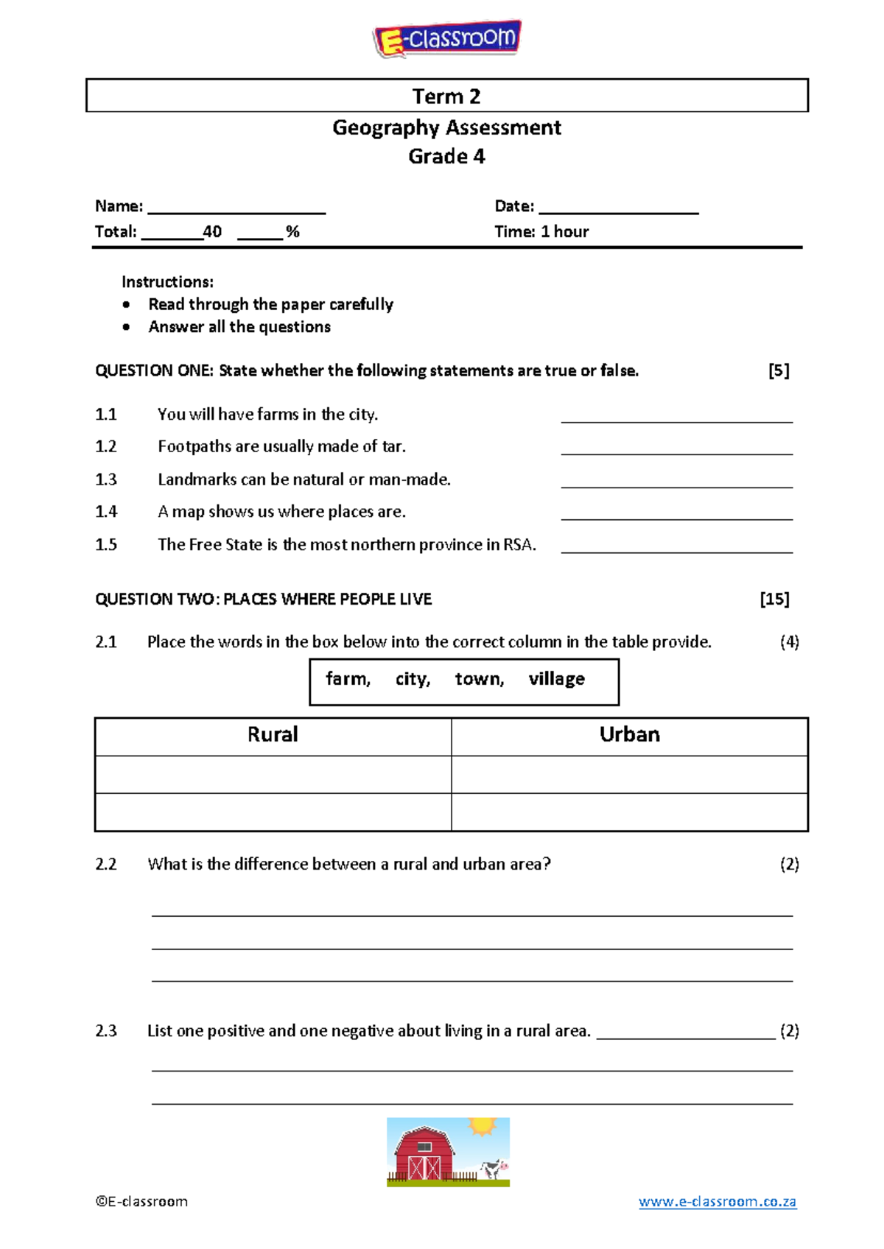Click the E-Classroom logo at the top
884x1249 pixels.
pos(447,38)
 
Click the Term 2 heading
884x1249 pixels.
pos(446,96)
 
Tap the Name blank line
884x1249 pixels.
pos(236,211)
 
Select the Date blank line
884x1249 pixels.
pos(618,211)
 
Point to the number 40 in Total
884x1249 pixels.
pos(212,232)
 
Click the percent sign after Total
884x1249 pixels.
pos(293,232)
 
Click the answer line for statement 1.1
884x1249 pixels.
pos(676,420)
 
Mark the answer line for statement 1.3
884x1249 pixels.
pos(676,485)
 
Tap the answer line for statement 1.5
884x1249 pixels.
pos(676,550)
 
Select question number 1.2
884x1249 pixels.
pos(106,447)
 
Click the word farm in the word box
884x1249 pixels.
pos(347,679)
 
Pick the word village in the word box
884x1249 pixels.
pos(556,679)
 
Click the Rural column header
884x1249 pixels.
pos(273,735)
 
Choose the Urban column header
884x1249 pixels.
pos(629,735)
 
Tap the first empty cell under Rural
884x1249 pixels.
pos(273,775)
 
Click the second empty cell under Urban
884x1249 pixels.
pos(629,812)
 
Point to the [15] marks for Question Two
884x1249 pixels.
pos(774,599)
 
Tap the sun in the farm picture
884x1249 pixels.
pos(483,1127)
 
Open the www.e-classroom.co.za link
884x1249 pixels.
pos(717,1202)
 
